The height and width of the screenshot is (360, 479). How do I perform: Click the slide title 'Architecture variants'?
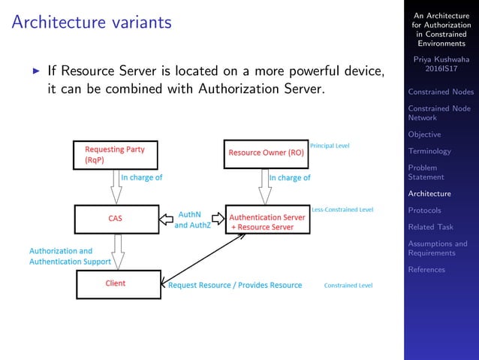[x=92, y=23]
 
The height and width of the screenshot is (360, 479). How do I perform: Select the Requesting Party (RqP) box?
[x=116, y=154]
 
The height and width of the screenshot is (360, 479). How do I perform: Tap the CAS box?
[x=116, y=219]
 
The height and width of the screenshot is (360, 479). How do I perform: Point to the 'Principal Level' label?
[x=330, y=145]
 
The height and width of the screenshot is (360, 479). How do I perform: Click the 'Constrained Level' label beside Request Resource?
[x=348, y=286]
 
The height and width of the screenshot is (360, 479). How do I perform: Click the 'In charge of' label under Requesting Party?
[x=142, y=178]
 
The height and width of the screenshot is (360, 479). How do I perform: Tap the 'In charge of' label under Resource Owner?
[x=290, y=178]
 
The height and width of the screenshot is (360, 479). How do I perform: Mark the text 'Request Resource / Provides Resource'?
[x=235, y=286]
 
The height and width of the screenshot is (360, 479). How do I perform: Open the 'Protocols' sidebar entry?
[x=424, y=210]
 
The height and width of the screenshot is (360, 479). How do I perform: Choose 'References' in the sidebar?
[x=426, y=269]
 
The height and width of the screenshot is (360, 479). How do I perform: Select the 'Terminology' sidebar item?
[x=429, y=151]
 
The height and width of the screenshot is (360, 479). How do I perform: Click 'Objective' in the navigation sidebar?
[x=425, y=135]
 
